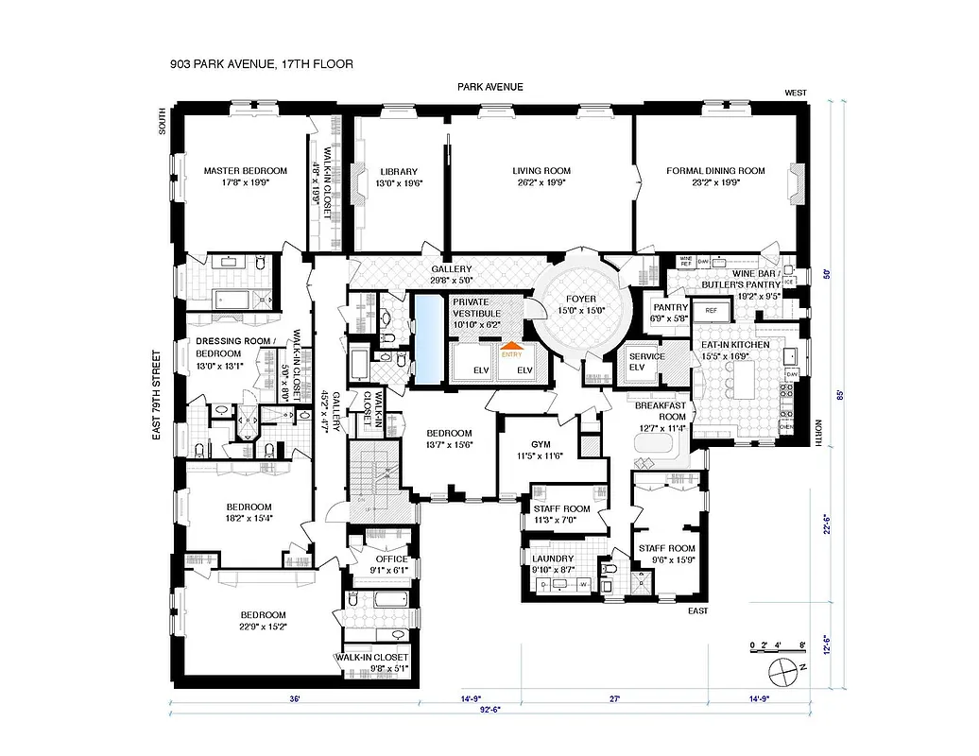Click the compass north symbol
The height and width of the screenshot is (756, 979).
(x=784, y=673)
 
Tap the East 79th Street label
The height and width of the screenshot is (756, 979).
(x=159, y=397)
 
